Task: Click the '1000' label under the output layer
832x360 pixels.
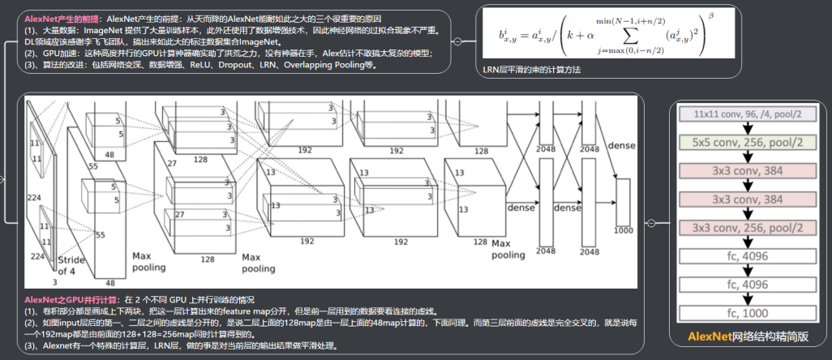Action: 624,231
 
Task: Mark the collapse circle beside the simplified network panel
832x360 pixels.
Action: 650,223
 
